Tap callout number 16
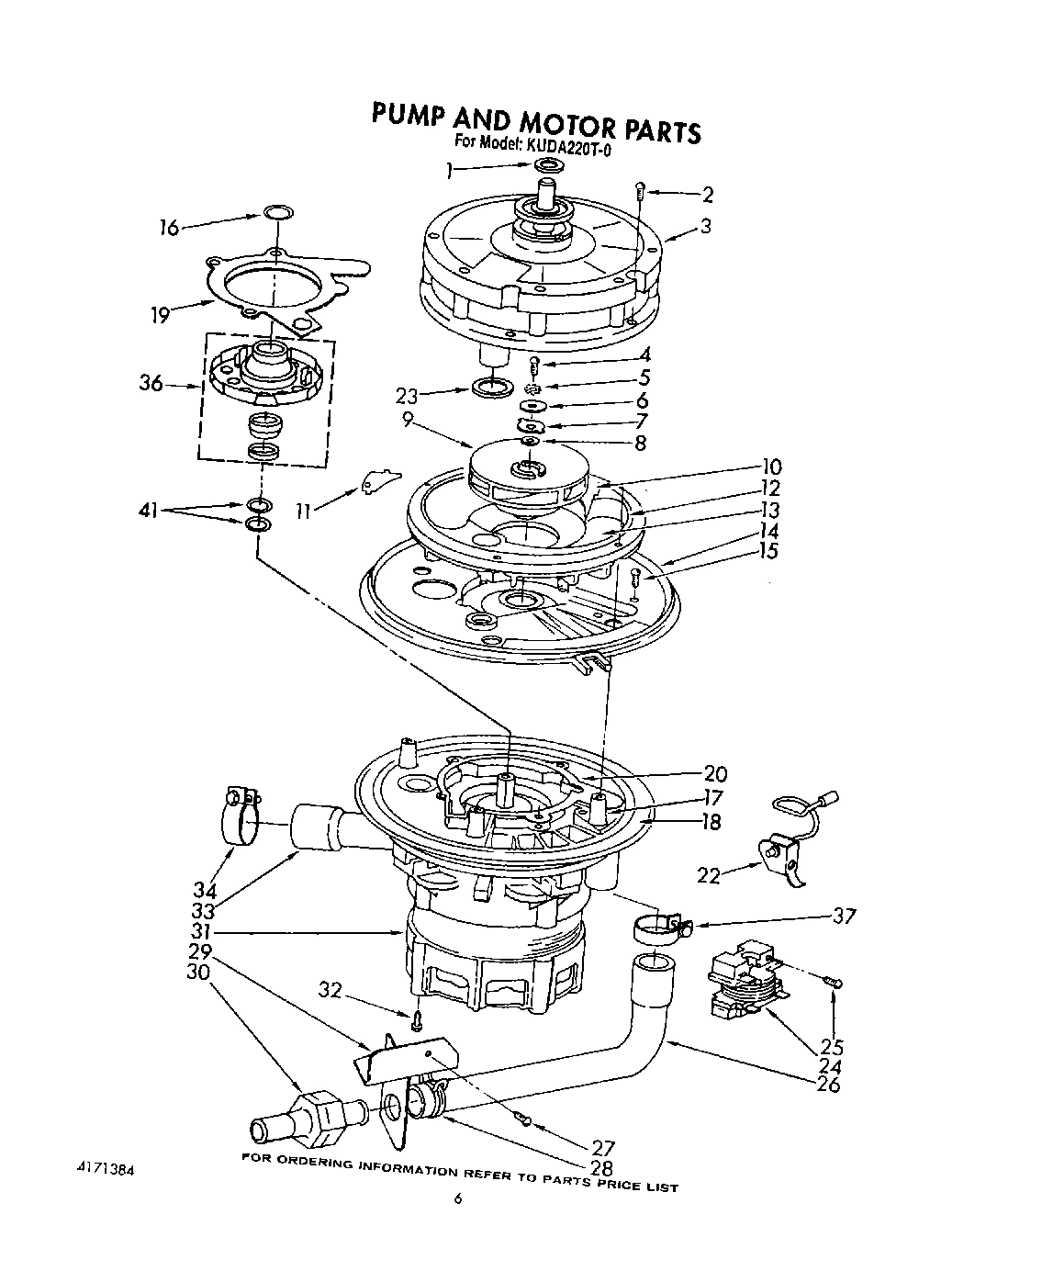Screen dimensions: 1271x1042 pos(168,228)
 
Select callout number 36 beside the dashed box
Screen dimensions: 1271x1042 pos(151,383)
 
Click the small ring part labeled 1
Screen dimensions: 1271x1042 pos(548,165)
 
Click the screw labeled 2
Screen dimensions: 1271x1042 pos(641,191)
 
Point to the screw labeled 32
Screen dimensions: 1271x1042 pos(417,1018)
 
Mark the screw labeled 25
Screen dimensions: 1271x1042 pos(834,983)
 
